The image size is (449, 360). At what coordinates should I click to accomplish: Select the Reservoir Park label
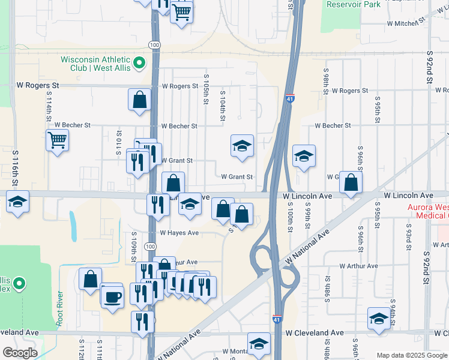tap(354, 4)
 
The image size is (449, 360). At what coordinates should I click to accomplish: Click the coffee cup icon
tap(112, 296)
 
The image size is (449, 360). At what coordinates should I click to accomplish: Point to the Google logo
tap(20, 353)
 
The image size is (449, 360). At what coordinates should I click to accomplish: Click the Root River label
tap(59, 308)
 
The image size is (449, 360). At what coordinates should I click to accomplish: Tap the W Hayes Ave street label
tap(179, 233)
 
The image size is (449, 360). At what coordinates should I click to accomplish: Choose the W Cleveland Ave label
tap(315, 332)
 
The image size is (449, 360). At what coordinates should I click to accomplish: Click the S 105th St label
tap(206, 89)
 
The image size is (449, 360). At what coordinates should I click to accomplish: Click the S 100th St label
tap(289, 212)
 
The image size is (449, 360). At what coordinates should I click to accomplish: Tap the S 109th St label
tap(133, 250)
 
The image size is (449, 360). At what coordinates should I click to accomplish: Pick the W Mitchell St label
tap(406, 23)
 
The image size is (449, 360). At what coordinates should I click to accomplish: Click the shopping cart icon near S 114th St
tap(57, 140)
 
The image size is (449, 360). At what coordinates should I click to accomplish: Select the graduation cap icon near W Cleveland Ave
tap(379, 319)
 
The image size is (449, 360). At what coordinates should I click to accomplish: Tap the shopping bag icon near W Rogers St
tap(139, 100)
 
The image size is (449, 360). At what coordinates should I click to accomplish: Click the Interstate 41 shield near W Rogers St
tap(290, 98)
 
